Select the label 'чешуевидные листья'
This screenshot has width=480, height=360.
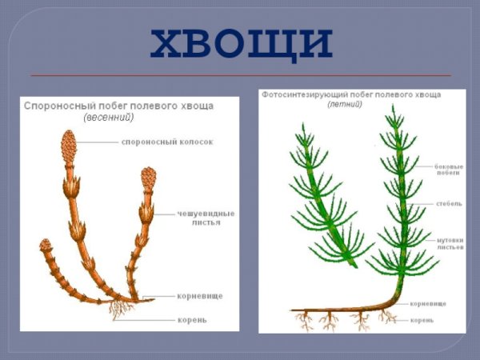pos(206,218)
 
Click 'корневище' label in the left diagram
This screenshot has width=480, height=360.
pos(200,296)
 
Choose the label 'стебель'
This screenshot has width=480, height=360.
pos(449,204)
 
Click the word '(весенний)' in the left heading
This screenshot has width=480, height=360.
pos(109,117)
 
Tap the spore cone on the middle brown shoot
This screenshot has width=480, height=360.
pos(148,178)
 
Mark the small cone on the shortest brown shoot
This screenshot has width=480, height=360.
pos(46,246)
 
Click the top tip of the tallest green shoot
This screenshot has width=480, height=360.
pos(393,110)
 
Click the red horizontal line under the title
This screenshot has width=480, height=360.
pos(240,75)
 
